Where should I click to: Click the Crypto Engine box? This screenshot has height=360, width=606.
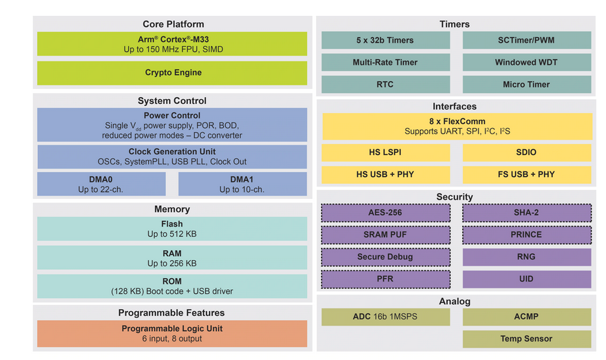point(172,73)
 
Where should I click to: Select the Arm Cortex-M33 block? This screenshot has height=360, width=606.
point(172,44)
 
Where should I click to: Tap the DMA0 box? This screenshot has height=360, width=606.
point(101,184)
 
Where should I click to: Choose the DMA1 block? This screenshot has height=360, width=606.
point(242,184)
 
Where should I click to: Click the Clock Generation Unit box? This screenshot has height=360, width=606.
point(172,156)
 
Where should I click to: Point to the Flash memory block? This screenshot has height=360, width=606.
point(172,229)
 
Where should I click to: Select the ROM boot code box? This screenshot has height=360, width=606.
point(172,286)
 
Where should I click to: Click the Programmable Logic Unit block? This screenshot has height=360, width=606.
point(172,333)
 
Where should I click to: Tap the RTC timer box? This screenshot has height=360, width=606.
point(386,85)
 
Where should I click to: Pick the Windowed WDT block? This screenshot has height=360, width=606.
point(527,63)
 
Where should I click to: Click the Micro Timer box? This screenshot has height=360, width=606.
point(527,85)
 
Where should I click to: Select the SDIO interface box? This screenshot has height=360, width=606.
point(527,152)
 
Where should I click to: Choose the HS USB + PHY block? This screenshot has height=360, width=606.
point(386,174)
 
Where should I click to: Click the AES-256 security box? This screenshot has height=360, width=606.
point(386,213)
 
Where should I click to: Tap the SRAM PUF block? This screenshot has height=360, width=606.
point(386,235)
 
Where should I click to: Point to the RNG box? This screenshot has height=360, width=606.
point(527,257)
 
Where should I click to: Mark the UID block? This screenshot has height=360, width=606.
point(527,279)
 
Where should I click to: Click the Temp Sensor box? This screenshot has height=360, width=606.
point(527,339)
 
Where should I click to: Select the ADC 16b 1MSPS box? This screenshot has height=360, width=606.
point(386,317)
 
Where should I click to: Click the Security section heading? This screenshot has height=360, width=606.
point(454,197)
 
